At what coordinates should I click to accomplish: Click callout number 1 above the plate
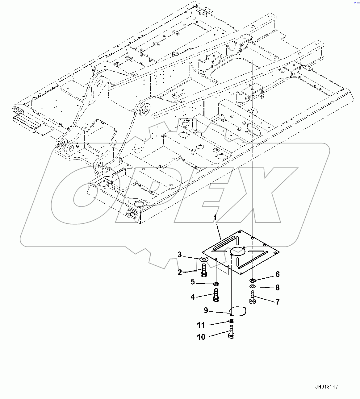pos(215,218)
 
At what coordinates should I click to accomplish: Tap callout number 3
pos(180,255)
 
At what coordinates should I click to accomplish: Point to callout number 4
pos(193,297)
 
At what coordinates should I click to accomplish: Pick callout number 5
pos(193,281)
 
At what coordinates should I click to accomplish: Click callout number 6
pos(277,274)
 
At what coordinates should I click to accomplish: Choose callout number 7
pos(277,302)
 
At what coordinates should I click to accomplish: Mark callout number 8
pos(277,288)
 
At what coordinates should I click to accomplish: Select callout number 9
pos(206,310)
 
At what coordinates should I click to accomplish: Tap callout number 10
pos(201,337)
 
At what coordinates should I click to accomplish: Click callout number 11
pos(201,325)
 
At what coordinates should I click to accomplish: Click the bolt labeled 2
pos(204,270)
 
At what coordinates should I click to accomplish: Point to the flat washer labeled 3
pos(204,259)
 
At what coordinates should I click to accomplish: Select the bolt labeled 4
pos(216,295)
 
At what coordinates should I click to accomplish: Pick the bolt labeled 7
pos(253,297)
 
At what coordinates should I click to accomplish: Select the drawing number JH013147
pos(327,387)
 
